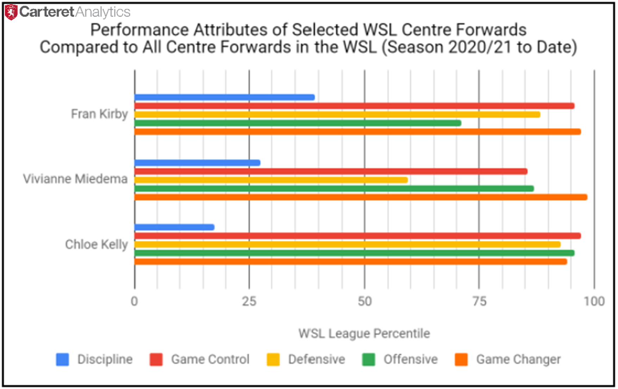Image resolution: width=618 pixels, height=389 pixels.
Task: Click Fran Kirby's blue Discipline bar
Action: click(x=225, y=97)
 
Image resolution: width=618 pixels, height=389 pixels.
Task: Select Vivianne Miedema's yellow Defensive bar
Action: click(x=271, y=180)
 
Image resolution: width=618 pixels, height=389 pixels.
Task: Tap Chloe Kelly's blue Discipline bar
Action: click(x=175, y=227)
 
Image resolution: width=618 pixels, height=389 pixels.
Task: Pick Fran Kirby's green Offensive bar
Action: click(x=298, y=123)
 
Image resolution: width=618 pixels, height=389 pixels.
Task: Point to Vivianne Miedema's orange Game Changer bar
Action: click(x=361, y=197)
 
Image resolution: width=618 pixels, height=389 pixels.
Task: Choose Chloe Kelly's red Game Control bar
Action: click(x=358, y=236)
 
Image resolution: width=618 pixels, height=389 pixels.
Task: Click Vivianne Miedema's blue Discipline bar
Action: click(x=198, y=163)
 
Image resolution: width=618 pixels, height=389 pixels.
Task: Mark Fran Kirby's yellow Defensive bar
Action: click(x=337, y=115)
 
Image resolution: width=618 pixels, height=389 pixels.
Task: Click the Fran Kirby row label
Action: click(x=99, y=114)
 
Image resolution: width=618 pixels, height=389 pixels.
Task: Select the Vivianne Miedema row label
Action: click(x=75, y=179)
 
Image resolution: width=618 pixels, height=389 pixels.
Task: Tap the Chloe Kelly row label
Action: click(x=96, y=244)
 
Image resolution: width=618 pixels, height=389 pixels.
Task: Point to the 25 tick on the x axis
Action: click(x=249, y=301)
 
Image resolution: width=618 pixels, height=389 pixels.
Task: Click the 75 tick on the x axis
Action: click(x=479, y=301)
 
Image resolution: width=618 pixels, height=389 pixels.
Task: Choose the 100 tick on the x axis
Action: click(x=594, y=301)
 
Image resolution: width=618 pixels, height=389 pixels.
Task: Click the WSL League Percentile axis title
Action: click(x=364, y=333)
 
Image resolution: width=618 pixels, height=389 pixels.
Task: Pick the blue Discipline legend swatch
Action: click(x=63, y=359)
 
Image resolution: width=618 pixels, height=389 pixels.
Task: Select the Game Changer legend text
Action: click(x=518, y=359)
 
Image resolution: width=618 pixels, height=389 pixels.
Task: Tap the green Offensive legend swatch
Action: click(x=369, y=359)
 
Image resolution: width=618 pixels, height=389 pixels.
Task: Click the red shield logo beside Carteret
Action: click(x=11, y=12)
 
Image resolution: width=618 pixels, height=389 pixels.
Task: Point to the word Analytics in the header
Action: click(x=103, y=12)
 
